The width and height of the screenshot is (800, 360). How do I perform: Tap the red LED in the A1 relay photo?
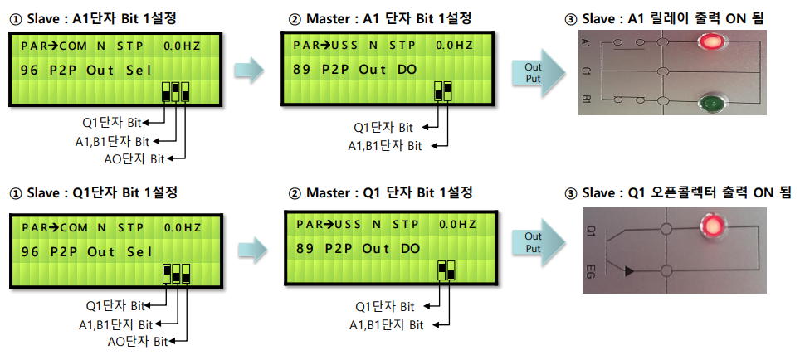710,41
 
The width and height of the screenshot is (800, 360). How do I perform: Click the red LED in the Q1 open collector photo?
710,226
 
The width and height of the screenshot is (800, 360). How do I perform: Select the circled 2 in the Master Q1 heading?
295,192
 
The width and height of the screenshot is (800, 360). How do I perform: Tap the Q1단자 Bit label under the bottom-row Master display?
383,307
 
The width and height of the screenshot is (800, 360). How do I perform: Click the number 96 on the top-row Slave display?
30,70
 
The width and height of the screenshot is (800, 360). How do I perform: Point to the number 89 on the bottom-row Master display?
304,248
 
